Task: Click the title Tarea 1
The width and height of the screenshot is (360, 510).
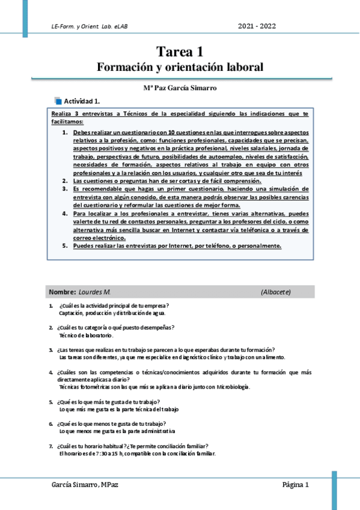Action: pos(180,52)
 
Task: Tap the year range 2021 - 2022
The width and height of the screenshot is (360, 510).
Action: pos(257,26)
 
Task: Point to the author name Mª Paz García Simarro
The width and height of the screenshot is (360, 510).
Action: pos(180,88)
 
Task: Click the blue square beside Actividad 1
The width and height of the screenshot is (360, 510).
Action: pos(58,100)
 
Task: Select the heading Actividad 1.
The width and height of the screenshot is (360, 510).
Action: pos(82,101)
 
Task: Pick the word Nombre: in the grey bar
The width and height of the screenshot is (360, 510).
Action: pos(63,292)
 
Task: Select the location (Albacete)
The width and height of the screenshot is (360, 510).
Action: pos(276,292)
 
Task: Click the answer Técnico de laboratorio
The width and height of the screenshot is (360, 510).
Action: pos(86,335)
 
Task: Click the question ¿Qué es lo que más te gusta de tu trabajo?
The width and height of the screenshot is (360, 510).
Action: pos(108,402)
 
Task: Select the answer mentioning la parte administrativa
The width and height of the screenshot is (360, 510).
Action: pos(117,431)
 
